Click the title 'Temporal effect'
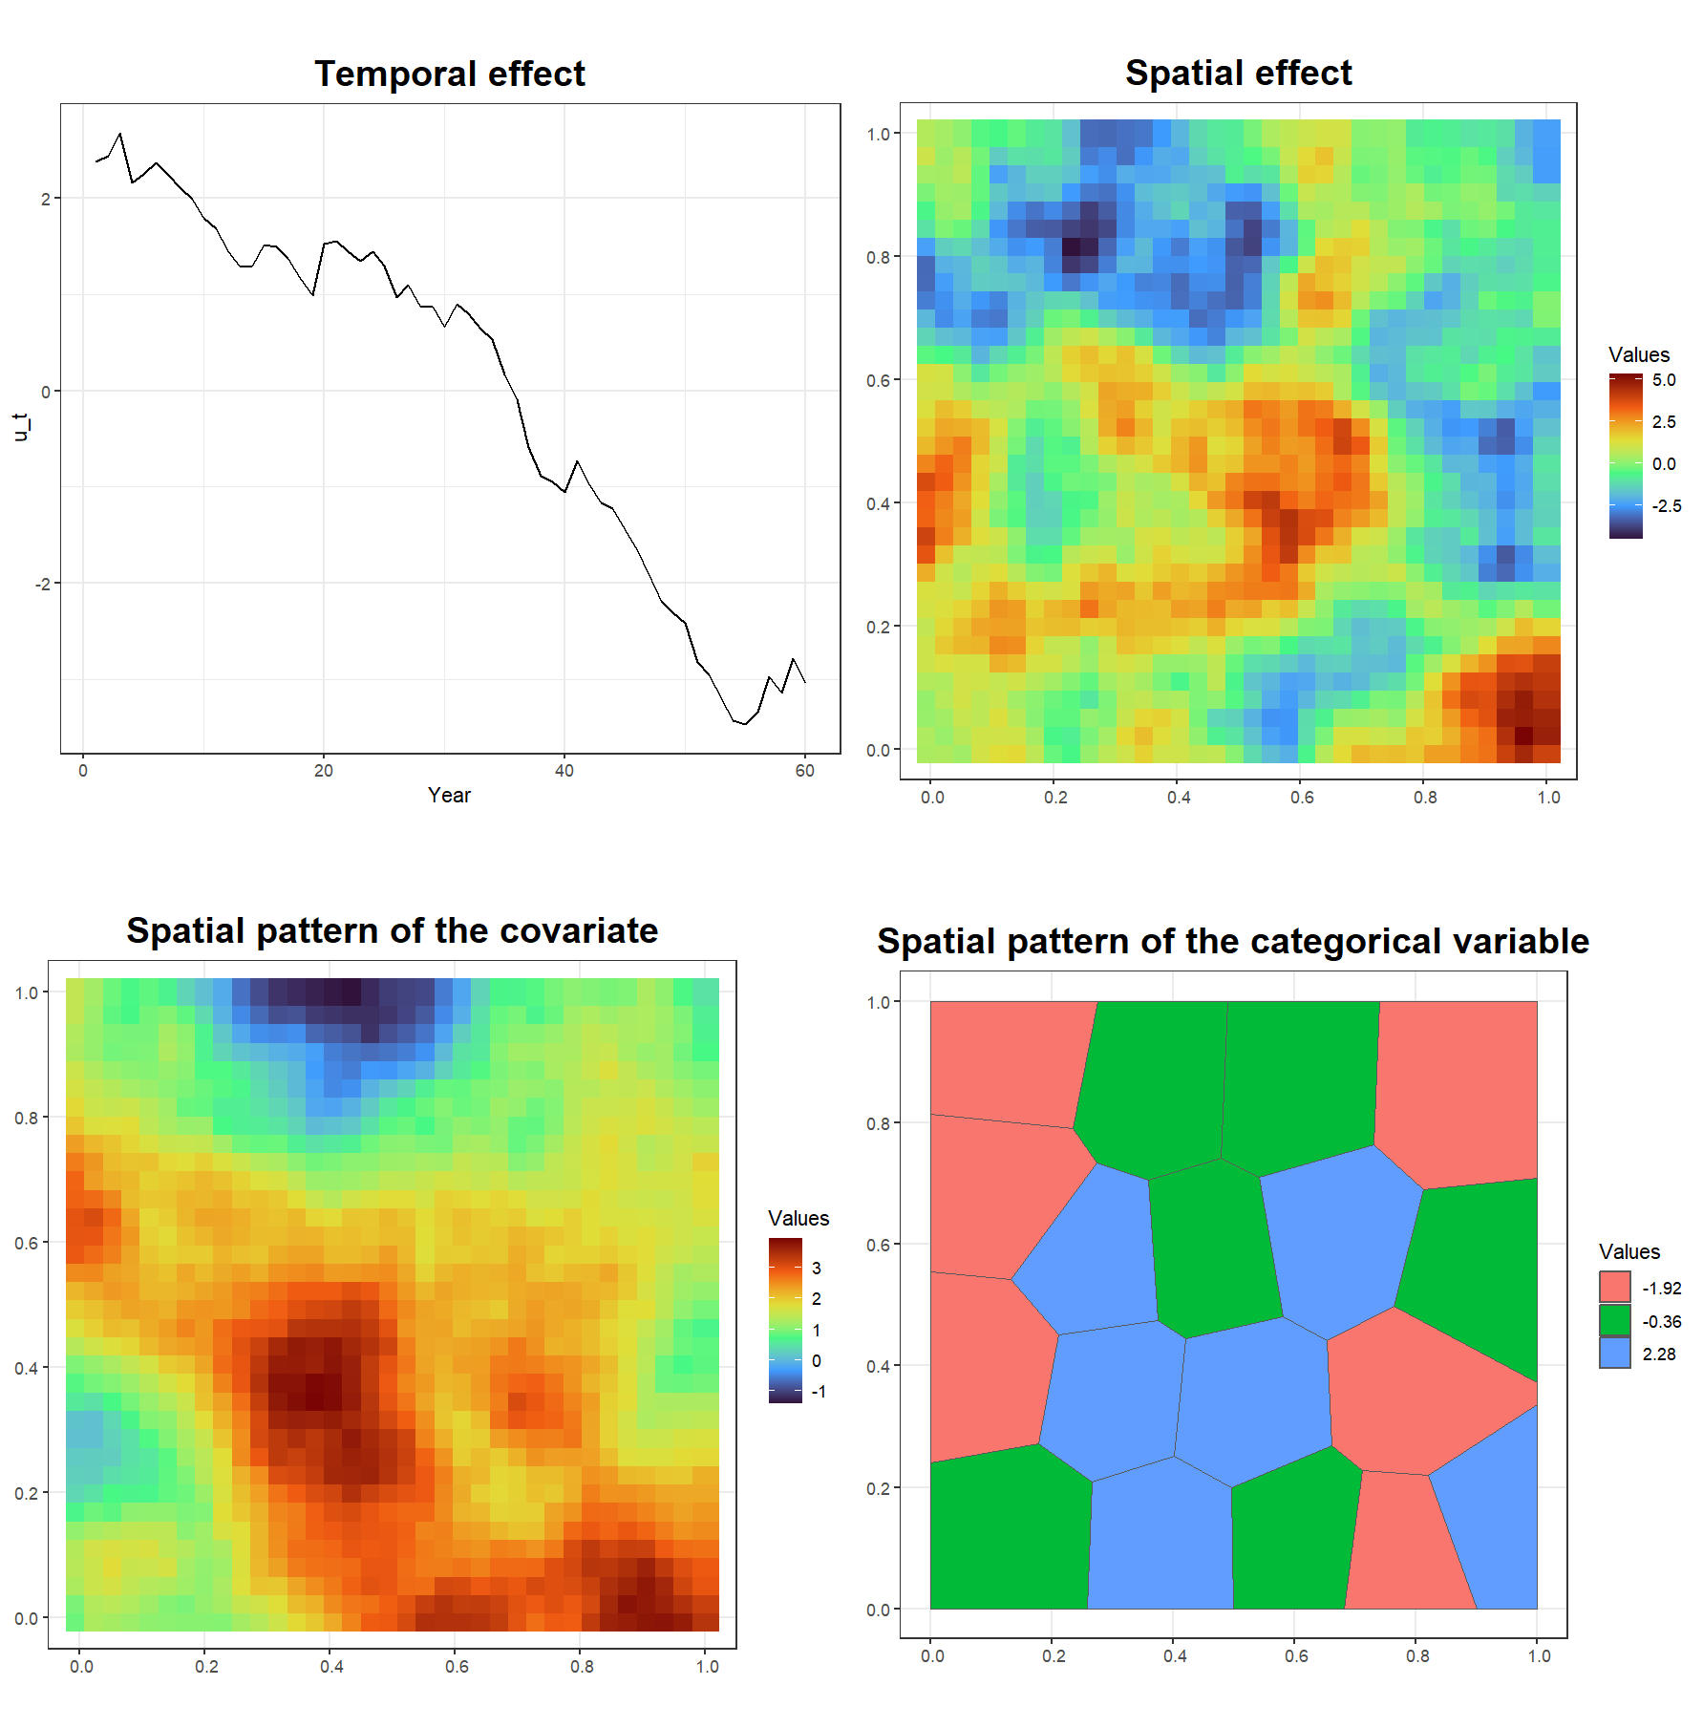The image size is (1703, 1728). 450,74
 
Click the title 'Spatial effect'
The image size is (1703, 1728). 1238,73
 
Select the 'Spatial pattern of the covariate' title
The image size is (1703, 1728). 392,930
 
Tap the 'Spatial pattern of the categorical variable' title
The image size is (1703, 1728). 1233,941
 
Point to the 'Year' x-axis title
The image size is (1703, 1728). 449,795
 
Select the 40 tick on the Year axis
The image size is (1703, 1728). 564,771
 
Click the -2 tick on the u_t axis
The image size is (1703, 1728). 43,584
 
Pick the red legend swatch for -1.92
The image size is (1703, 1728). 1615,1287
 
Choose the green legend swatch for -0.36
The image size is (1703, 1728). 1615,1320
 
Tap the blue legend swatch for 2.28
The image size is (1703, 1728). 1615,1353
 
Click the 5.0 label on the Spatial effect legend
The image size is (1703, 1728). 1664,380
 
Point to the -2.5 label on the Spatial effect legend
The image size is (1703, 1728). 1667,506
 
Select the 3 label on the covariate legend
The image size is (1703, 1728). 817,1269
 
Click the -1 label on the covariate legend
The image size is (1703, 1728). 819,1392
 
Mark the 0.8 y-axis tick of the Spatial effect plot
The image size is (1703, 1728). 879,257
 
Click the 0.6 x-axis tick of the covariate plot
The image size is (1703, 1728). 457,1667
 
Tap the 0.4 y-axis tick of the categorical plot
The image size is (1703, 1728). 879,1367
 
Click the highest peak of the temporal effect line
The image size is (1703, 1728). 120,134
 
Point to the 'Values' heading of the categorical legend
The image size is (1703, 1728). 1629,1251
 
